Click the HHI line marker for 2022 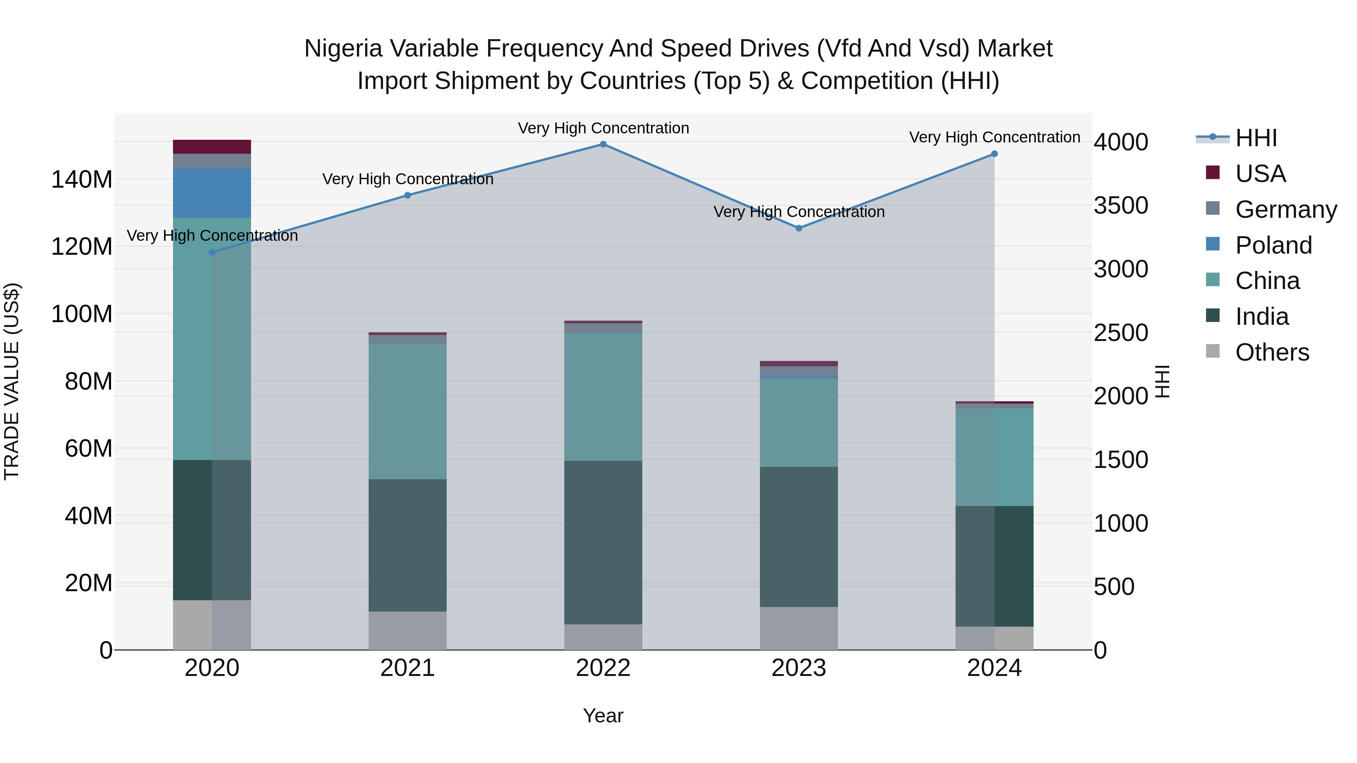tap(603, 144)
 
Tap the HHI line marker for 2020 tap(212, 252)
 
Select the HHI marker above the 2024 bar tap(994, 154)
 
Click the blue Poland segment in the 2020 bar tap(212, 193)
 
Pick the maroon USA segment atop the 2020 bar tap(212, 147)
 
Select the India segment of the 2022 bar tap(603, 542)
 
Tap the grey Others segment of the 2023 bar tap(799, 628)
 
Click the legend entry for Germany tap(1285, 209)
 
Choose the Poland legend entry tap(1273, 245)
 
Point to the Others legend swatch tap(1213, 351)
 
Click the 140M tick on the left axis tap(82, 180)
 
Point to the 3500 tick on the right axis tap(1121, 205)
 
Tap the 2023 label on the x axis tap(799, 668)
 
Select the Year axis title tap(603, 716)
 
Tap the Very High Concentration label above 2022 tap(603, 128)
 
